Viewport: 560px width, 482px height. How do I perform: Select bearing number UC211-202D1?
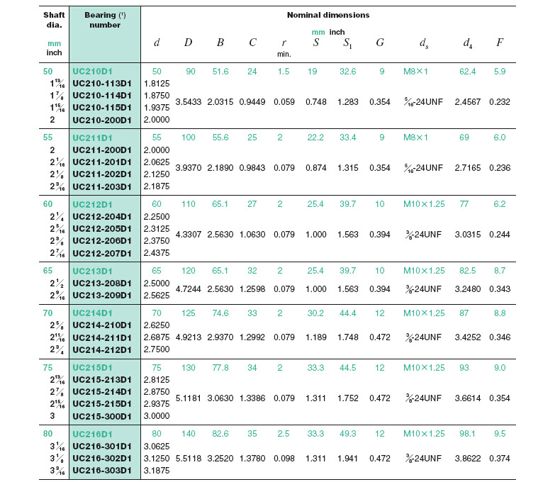103,174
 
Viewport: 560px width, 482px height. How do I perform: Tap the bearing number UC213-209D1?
103,296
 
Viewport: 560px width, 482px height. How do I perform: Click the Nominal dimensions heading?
327,14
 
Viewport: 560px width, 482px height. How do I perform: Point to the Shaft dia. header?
54,20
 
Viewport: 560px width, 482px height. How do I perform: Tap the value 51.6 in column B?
220,71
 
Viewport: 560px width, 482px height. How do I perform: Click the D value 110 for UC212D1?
188,203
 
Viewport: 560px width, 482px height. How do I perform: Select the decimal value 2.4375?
157,253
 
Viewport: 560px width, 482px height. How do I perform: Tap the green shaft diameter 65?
47,271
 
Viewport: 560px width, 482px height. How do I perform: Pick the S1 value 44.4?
347,313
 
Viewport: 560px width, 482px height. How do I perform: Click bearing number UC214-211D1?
103,337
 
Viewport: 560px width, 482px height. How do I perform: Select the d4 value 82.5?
469,271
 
